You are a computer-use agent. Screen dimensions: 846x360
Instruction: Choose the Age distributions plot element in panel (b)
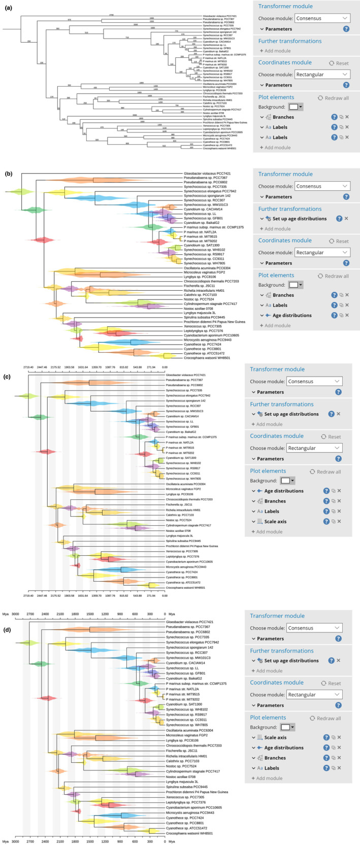click(x=292, y=315)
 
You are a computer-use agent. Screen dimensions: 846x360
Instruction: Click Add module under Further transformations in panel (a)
click(x=276, y=51)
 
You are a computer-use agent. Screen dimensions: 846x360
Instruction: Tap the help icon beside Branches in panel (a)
click(x=334, y=117)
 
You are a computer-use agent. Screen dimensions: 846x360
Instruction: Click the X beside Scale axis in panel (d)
click(x=339, y=737)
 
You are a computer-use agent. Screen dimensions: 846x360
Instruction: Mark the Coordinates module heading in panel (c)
click(x=279, y=436)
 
